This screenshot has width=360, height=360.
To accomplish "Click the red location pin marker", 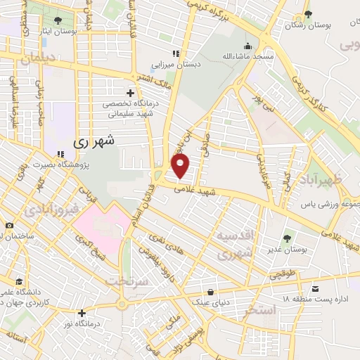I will [x=181, y=166].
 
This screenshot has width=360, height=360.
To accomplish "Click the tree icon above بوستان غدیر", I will [x=287, y=238].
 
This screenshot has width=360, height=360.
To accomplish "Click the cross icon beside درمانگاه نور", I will [x=82, y=313].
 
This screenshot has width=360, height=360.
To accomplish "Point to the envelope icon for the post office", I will [x=315, y=289].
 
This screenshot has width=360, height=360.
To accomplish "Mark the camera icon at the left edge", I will [x=8, y=225].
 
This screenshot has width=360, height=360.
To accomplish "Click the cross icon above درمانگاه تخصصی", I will [x=129, y=92].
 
